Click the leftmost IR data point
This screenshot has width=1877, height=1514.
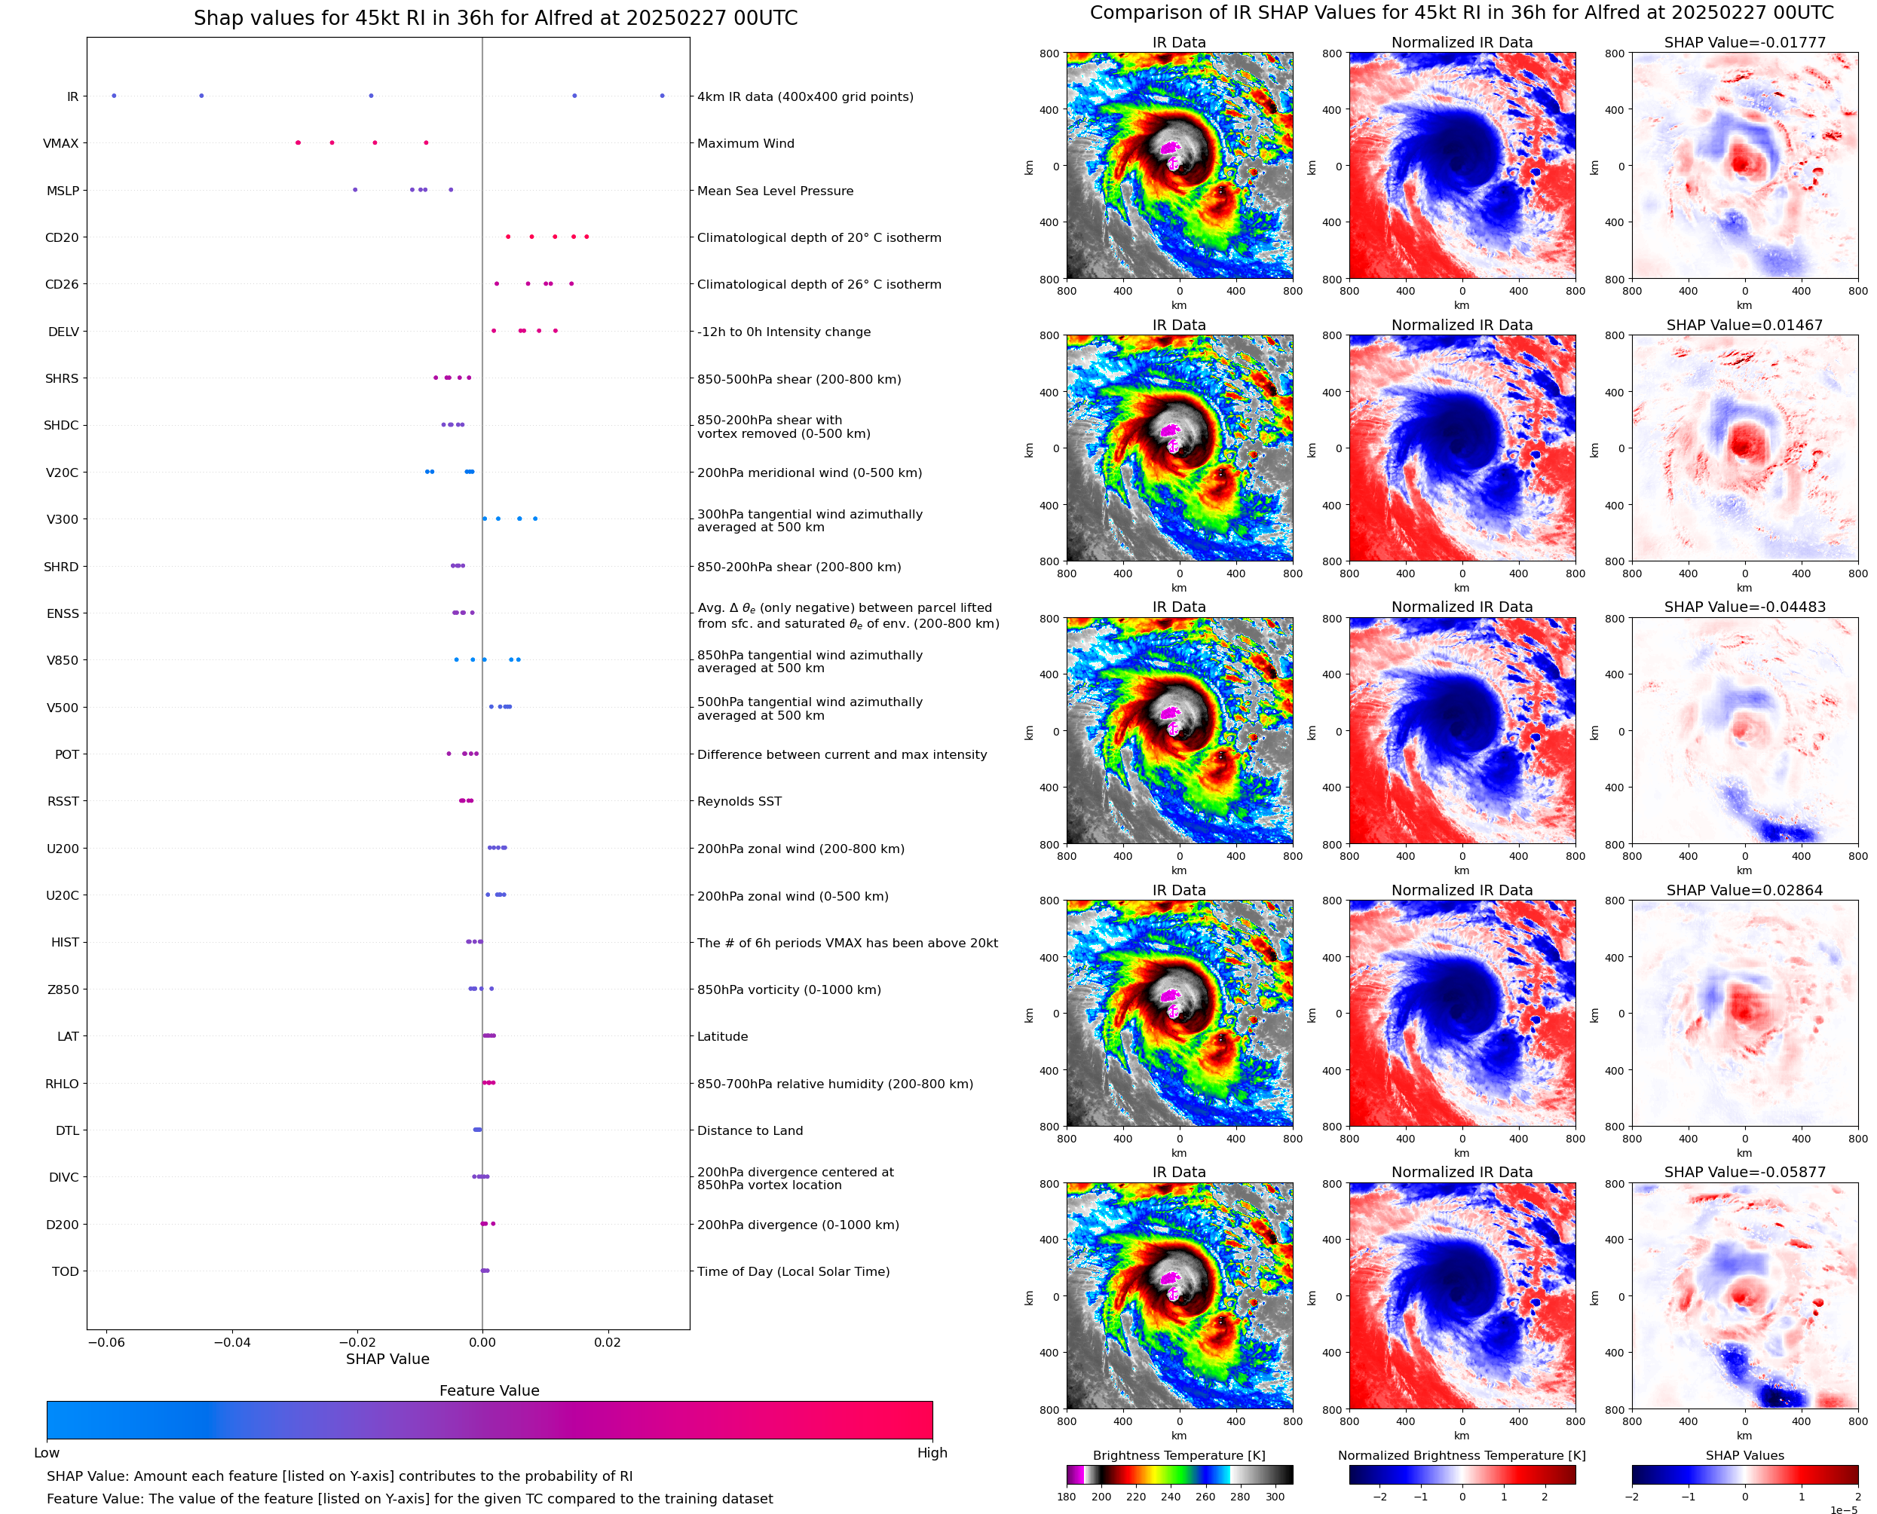click(113, 96)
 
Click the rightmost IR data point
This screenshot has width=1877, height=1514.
click(662, 96)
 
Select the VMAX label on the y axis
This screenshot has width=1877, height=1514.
click(60, 143)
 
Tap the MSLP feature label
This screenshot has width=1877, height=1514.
click(62, 190)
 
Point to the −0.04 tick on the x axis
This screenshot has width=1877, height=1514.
click(231, 1342)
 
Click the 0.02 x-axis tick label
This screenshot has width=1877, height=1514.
click(607, 1342)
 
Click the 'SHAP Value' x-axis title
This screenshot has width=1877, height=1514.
click(387, 1359)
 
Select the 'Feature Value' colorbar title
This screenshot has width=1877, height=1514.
click(488, 1390)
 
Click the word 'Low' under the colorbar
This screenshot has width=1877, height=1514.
click(46, 1452)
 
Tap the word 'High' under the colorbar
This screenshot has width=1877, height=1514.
click(932, 1452)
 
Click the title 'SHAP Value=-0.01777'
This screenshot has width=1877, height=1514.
click(1744, 42)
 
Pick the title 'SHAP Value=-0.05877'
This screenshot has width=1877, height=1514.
click(1744, 1172)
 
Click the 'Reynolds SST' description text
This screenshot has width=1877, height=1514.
click(739, 802)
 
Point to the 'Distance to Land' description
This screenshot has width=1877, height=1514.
click(749, 1130)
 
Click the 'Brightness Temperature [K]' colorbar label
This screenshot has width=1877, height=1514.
click(1178, 1454)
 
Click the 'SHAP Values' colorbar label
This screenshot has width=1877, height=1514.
click(1744, 1454)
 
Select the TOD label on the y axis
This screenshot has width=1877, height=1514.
click(65, 1271)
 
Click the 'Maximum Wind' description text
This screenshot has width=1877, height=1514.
click(745, 143)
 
